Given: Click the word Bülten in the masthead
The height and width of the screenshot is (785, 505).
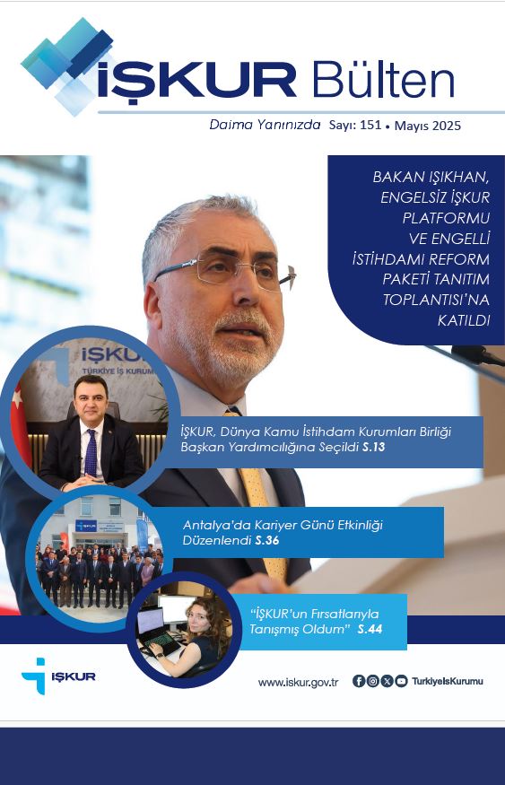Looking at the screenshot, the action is coord(383,80).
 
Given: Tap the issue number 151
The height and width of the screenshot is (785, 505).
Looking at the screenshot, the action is coord(370,125).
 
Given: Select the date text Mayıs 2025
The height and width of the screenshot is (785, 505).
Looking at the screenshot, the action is coord(428,126).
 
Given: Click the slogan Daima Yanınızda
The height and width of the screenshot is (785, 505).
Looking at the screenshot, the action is coord(265,125).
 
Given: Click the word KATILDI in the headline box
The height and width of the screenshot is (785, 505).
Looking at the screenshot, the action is coord(464,321).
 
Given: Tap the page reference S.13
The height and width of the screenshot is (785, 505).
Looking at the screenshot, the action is coord(373,447).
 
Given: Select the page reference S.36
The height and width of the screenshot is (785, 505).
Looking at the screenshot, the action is coord(266,541).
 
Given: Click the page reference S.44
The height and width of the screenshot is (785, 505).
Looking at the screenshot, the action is coord(370,629).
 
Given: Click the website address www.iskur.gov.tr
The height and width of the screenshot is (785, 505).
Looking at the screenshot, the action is coord(299,683).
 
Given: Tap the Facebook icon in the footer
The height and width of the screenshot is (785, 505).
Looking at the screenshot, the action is coord(359,681).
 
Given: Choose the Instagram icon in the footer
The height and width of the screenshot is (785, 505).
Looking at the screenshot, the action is coord(373,681).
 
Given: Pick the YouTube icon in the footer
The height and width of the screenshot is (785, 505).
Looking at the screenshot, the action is coord(401,681).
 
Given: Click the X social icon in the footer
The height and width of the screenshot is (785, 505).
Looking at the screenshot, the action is coord(387,681).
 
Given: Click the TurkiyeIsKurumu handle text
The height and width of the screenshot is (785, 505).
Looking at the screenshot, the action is coord(448,681).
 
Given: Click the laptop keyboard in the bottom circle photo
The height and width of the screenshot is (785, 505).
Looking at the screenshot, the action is coord(161,643).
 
